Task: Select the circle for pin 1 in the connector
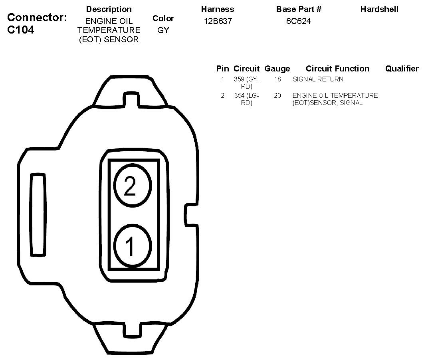click(x=133, y=245)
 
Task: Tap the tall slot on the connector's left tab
click(x=39, y=214)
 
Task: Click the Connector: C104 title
click(x=37, y=24)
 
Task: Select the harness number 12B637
click(x=218, y=22)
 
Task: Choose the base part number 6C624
click(x=298, y=22)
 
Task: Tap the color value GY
click(x=163, y=30)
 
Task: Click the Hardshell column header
click(x=379, y=9)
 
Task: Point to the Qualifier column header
click(x=402, y=69)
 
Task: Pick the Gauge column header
click(x=277, y=69)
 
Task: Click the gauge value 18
click(x=277, y=79)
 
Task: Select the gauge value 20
click(x=277, y=95)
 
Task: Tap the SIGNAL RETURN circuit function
click(x=318, y=79)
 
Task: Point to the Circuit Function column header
click(x=337, y=69)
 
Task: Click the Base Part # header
click(x=299, y=9)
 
